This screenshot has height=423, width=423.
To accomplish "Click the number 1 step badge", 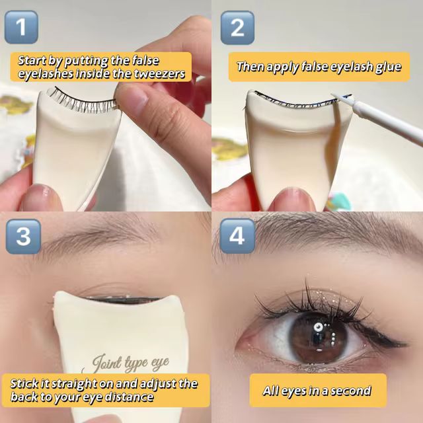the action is click(x=21, y=27).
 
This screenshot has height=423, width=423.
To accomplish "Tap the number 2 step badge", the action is click(x=237, y=28).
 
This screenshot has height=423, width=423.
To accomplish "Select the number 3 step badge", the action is click(x=24, y=237).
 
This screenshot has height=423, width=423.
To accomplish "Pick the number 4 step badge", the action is click(x=237, y=236).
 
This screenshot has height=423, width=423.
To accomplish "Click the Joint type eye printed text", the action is click(x=131, y=363).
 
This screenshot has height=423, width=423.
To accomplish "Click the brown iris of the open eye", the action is click(x=319, y=338).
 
